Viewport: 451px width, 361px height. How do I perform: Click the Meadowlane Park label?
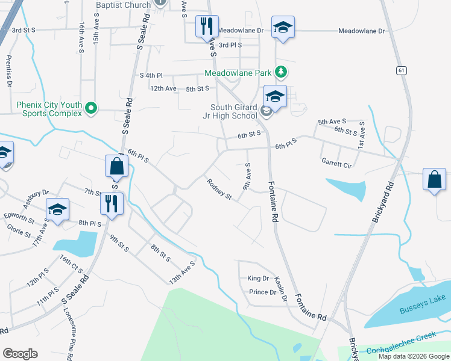point(238,73)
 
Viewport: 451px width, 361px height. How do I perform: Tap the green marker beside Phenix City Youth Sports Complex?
point(91,108)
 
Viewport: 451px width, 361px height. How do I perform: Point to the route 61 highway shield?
point(401,70)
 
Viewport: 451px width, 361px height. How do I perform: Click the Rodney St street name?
point(219,188)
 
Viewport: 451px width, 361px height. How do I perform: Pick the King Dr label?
point(257,278)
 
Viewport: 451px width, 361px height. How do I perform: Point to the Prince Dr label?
point(262,292)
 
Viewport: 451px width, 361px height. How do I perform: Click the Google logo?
point(20,354)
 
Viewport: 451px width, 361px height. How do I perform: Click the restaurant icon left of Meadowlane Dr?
point(206,26)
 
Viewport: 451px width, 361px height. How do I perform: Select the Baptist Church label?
point(123,5)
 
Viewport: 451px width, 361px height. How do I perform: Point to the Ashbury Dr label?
point(36,197)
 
